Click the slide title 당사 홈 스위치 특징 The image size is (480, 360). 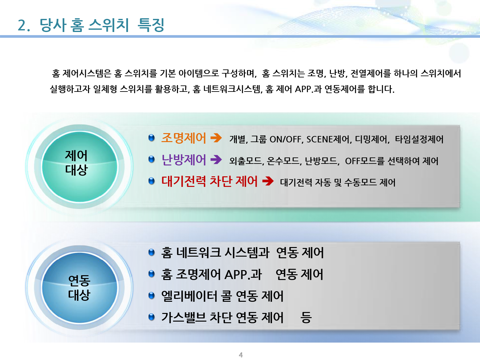[102, 25]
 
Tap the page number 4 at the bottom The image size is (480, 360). [241, 355]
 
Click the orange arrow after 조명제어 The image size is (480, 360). [216, 138]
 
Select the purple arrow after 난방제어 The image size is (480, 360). [216, 159]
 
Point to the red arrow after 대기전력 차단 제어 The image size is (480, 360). [268, 181]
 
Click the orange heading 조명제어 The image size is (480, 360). [184, 138]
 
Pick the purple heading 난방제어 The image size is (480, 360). [184, 160]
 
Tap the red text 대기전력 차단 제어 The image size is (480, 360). [210, 181]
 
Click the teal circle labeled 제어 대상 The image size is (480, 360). [79, 166]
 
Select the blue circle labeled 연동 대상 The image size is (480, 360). [79, 287]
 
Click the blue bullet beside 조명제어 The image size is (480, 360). [151, 138]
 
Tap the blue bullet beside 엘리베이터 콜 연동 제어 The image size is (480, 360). [151, 295]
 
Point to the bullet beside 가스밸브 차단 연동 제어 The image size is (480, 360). [151, 317]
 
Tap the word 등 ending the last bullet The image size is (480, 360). [306, 317]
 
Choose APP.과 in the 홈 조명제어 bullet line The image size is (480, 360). [243, 274]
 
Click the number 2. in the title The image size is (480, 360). [24, 25]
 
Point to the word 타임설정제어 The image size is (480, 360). [419, 139]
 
